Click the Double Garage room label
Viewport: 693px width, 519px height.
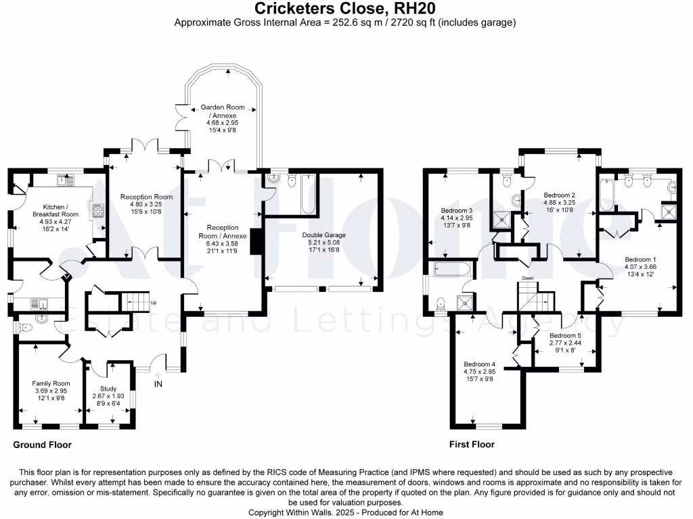click(x=324, y=235)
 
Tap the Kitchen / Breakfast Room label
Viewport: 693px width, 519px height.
click(x=61, y=210)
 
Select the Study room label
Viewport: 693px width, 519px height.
click(x=108, y=389)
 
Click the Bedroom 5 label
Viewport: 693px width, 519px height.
click(x=564, y=336)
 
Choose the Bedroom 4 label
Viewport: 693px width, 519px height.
click(x=480, y=364)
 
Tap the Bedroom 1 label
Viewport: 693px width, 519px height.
click(x=640, y=259)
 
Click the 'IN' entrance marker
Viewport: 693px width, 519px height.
click(x=159, y=385)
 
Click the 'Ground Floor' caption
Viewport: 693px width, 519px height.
click(x=42, y=445)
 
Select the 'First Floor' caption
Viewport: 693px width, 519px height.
click(x=472, y=445)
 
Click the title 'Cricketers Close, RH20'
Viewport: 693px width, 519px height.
click(x=345, y=8)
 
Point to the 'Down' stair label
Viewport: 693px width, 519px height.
click(x=529, y=278)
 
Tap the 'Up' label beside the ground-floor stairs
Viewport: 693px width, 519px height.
click(x=153, y=302)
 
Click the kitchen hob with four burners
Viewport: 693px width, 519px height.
click(x=97, y=209)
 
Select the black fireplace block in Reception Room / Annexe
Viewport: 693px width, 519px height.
click(x=256, y=241)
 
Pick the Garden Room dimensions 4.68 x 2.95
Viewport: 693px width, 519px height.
click(x=223, y=122)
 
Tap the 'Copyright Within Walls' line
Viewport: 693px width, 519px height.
click(x=345, y=512)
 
